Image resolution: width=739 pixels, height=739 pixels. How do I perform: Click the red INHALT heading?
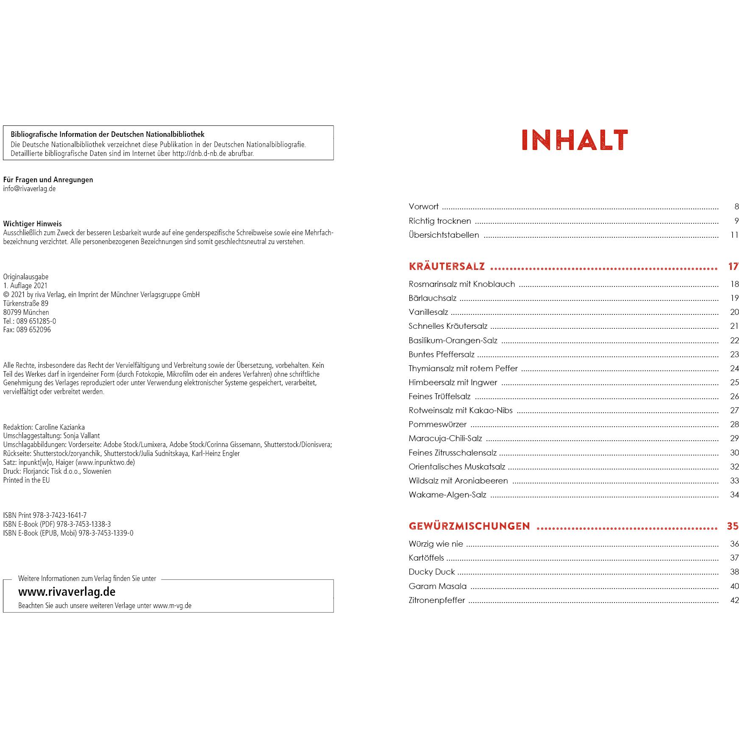574,140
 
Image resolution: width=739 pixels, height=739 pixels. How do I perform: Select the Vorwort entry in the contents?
423,207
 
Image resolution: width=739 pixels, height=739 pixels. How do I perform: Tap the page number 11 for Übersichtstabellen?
734,235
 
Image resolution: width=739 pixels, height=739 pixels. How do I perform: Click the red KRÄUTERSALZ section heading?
447,267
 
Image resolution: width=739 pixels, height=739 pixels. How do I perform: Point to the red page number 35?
733,526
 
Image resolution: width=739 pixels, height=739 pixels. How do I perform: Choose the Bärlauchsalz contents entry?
432,298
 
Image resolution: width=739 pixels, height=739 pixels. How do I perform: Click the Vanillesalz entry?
428,312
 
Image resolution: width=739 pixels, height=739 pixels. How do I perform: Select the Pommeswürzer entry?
437,425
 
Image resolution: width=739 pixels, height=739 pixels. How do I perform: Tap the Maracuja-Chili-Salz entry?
445,439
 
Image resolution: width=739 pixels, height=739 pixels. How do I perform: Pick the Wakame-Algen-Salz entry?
447,495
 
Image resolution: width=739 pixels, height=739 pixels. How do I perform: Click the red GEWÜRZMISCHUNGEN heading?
469,526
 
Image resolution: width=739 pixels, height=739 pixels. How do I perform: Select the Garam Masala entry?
437,586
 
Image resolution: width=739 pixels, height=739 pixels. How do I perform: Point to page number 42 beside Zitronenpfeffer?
734,600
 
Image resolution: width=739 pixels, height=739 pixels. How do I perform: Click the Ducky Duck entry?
431,572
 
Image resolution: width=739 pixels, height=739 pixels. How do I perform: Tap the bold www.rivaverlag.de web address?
67,592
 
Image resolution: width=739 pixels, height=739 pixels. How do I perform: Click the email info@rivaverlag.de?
29,189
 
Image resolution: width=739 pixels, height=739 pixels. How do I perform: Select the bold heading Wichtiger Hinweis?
32,224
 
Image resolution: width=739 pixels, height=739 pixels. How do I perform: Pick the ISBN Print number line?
44,515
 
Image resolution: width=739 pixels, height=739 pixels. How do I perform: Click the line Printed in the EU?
26,480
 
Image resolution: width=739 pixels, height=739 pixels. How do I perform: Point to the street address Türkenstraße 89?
25,303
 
